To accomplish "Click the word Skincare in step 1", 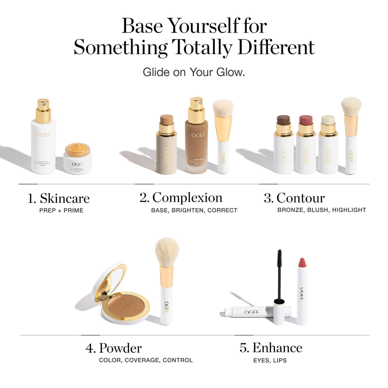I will [65, 199].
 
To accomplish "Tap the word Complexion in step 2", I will [187, 198].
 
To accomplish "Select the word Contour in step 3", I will [300, 198].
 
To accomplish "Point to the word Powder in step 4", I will [120, 348].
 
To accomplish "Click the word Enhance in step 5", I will [277, 348].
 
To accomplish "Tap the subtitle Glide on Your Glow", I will [194, 72].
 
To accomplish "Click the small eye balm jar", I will [77, 158].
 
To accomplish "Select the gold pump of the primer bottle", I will [43, 111].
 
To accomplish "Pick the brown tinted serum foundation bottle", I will [196, 148].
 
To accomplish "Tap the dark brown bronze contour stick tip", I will [283, 120].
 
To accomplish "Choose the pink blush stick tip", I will [306, 120].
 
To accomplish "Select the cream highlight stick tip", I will [328, 120].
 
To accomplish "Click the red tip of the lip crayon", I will [302, 262].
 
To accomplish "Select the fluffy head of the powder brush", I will [167, 252].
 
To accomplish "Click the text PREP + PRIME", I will [61, 210].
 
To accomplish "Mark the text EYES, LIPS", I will [270, 360].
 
